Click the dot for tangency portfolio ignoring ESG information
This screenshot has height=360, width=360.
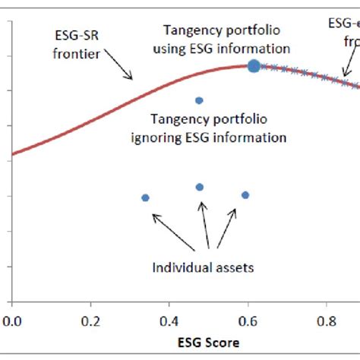(x=199, y=100)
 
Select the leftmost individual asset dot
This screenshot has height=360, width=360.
(x=145, y=197)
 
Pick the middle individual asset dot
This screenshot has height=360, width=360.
(x=200, y=187)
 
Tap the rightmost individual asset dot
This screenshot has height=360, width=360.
(x=245, y=195)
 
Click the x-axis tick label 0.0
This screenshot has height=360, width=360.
(x=11, y=321)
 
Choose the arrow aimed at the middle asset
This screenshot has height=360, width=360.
(x=202, y=228)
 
